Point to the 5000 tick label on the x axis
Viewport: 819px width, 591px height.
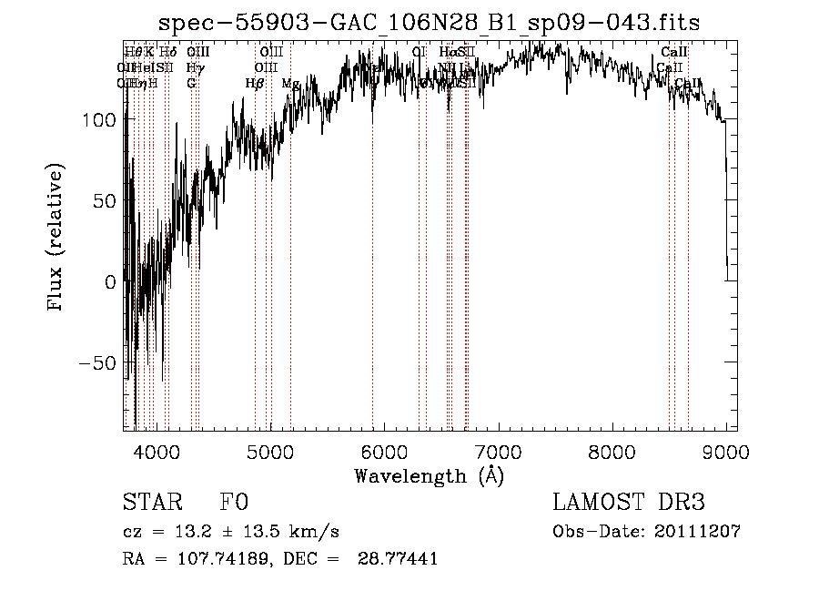(x=269, y=449)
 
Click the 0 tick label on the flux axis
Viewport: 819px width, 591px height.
(x=110, y=282)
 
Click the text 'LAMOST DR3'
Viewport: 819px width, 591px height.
(x=629, y=503)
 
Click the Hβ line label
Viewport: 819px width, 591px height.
(x=255, y=84)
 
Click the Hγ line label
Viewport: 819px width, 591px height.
(x=194, y=67)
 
